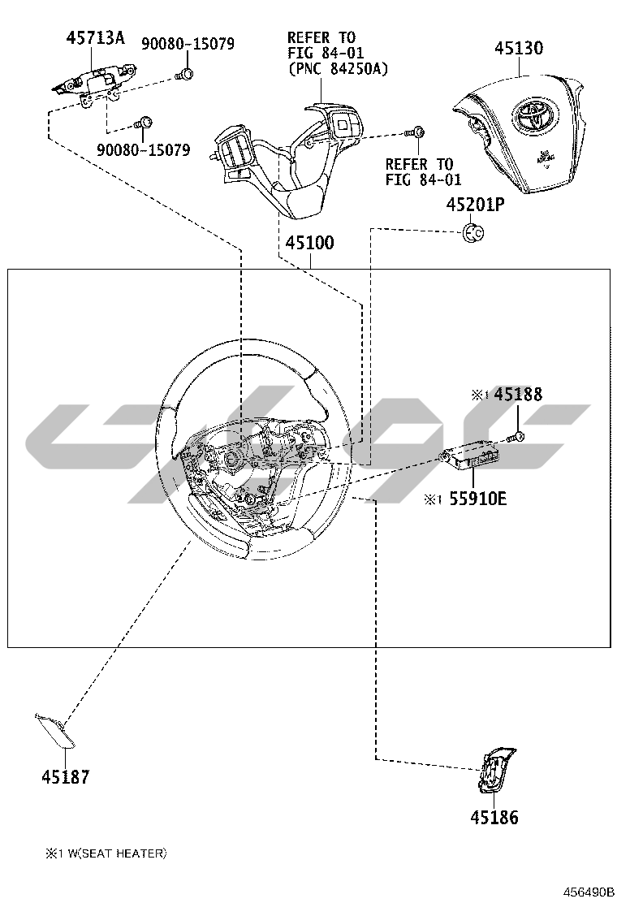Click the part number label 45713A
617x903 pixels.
tap(95, 38)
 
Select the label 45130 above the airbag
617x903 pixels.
tap(519, 48)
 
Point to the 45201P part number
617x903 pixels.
tap(476, 204)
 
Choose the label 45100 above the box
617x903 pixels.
tap(309, 243)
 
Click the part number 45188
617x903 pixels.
tap(517, 394)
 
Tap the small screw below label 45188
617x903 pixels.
tap(516, 437)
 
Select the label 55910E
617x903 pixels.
tap(477, 498)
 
